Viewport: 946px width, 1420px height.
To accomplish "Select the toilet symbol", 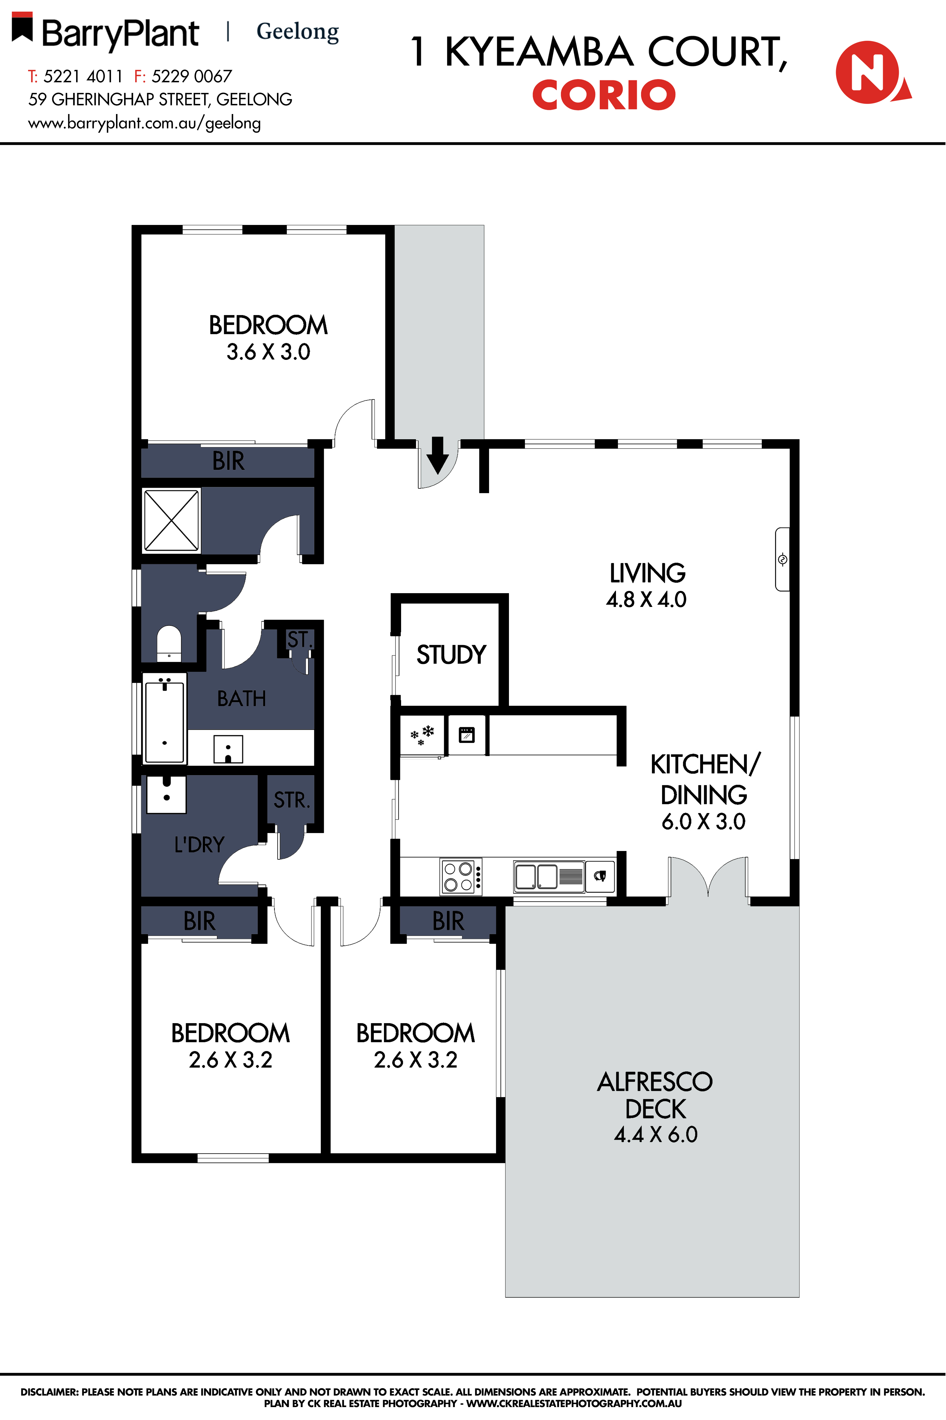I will (x=169, y=644).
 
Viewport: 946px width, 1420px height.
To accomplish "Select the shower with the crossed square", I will (x=171, y=520).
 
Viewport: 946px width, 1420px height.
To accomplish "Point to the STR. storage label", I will (x=291, y=800).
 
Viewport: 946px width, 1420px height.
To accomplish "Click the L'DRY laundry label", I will (x=199, y=845).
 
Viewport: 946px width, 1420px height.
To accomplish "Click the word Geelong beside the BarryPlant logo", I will (x=297, y=31).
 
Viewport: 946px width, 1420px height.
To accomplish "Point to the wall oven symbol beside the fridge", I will (x=466, y=735).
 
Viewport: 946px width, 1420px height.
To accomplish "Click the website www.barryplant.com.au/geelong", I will (x=144, y=123).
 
